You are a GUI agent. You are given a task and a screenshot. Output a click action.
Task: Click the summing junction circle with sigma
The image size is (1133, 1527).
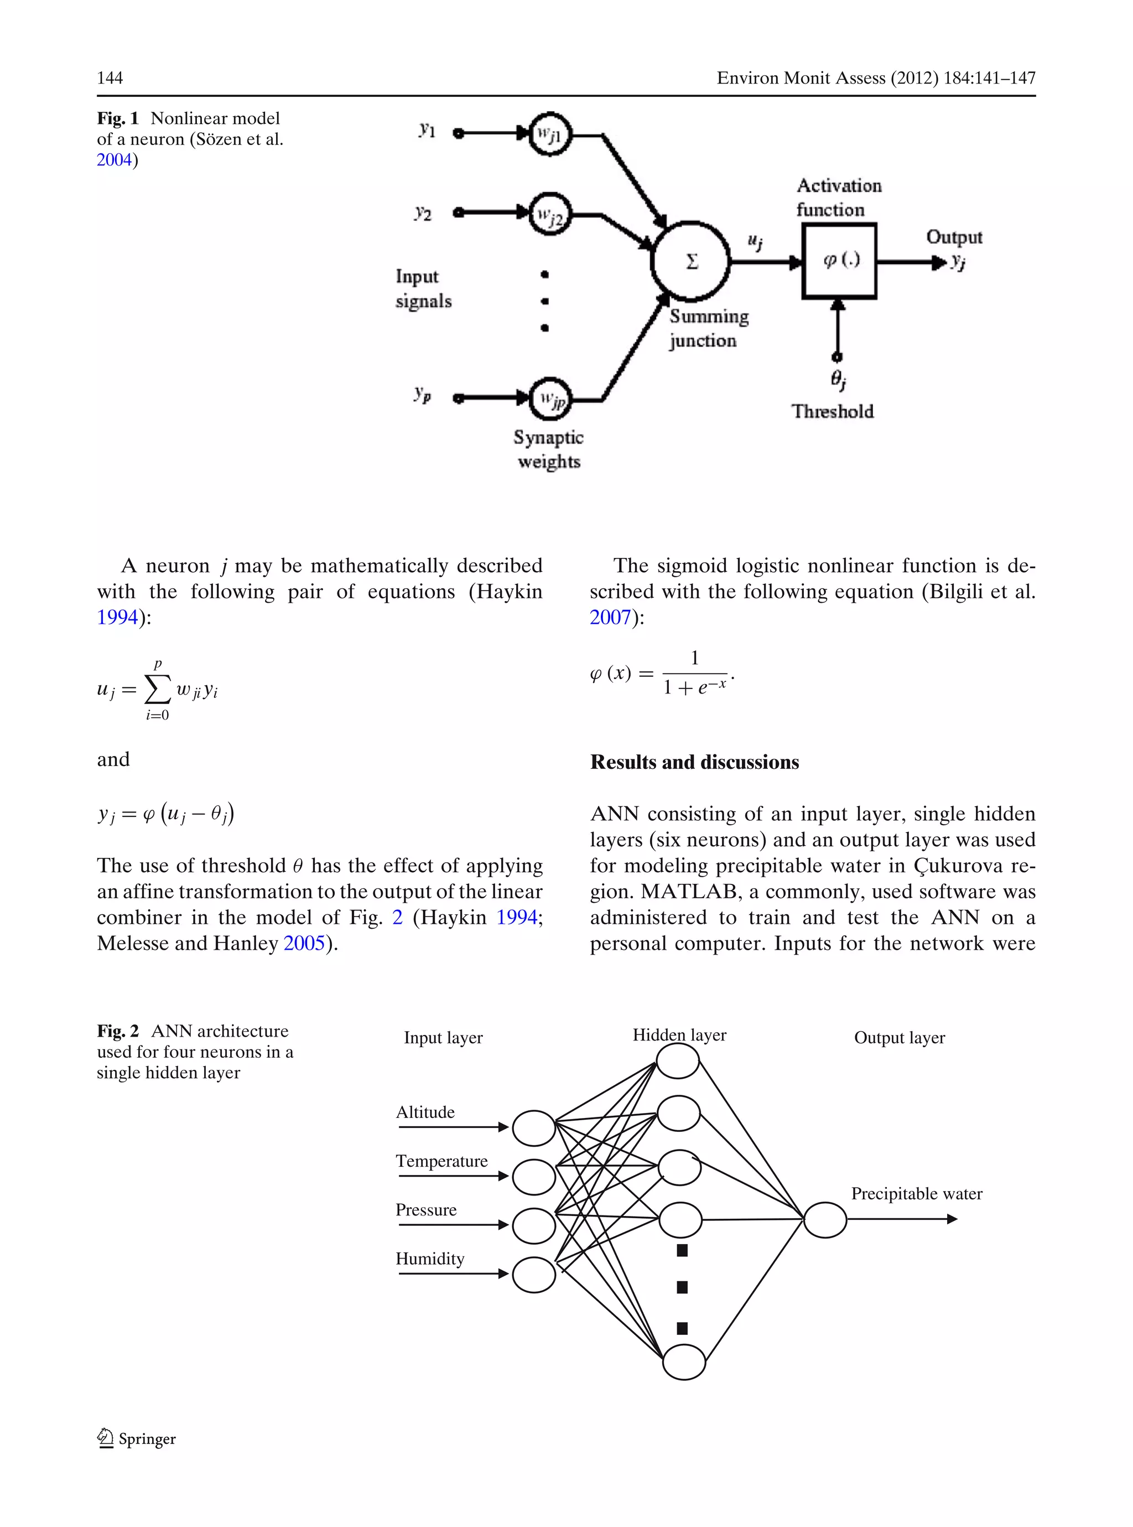coord(690,261)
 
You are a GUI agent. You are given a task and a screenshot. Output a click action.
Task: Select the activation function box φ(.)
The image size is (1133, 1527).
coord(839,261)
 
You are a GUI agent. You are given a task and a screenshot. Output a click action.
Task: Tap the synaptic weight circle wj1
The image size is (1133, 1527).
coord(549,134)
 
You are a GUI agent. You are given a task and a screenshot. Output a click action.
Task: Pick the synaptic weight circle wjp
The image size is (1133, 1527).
coord(549,398)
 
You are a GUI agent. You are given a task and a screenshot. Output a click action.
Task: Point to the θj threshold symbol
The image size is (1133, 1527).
coord(838,379)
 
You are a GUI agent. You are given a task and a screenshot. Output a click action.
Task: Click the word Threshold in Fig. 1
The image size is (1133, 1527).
coord(832,412)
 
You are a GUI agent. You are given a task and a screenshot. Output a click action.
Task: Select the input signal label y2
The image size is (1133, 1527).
coord(423,213)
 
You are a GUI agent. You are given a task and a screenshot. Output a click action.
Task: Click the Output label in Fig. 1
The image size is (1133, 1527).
coord(953,237)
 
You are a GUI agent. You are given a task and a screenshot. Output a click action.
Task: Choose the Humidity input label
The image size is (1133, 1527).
coord(429,1258)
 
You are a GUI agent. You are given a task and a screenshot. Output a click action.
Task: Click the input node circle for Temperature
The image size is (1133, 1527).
coord(533,1177)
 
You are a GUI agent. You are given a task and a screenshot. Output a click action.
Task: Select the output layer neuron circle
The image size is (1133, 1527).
coord(824,1220)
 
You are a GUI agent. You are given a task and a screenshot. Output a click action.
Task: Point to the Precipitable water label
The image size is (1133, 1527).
coord(916,1194)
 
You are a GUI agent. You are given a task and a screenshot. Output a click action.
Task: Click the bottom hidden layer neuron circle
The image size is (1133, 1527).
coord(684,1361)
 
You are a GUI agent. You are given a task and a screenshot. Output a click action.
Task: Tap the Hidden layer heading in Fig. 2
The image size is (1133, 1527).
coord(679,1035)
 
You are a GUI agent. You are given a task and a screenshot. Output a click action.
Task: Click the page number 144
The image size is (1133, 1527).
coord(110,78)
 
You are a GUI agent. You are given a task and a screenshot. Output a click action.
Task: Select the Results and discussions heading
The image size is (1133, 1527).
coord(694,762)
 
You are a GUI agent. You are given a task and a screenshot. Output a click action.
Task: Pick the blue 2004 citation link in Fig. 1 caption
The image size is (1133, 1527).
coord(114,160)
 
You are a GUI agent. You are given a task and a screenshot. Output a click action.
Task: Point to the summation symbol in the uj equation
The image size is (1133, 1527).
coord(157,690)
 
